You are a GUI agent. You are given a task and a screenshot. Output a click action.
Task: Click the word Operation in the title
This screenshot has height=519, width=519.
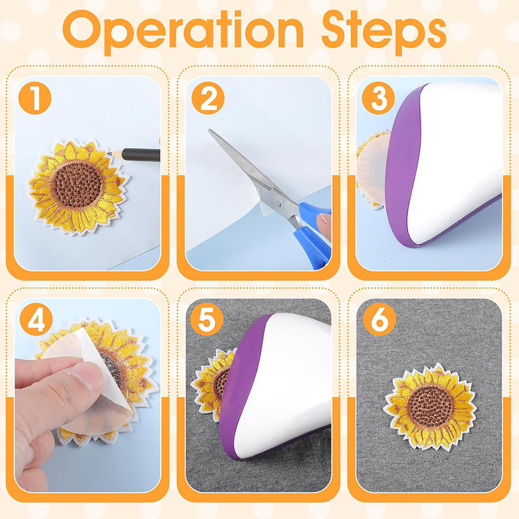tap(183, 32)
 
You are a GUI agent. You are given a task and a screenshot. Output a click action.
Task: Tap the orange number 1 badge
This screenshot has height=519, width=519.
tap(35, 98)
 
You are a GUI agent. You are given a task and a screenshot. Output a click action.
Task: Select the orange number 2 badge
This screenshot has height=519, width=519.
tap(208, 98)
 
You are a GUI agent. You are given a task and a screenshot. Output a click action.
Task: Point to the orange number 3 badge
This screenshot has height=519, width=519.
tap(378, 98)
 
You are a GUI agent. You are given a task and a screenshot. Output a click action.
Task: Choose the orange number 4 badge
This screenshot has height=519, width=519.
tap(36, 319)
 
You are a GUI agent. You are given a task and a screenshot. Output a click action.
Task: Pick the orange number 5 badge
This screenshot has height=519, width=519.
tap(206, 319)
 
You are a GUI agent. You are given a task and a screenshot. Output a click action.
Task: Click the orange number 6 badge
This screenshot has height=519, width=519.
tap(379, 319)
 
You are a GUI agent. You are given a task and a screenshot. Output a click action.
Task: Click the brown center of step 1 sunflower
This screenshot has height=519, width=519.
tap(77, 184)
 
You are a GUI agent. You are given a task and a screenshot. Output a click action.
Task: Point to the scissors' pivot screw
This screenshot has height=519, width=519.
tap(279, 203)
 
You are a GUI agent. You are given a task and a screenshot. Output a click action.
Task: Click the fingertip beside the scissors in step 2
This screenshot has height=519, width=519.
tap(324, 221)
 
